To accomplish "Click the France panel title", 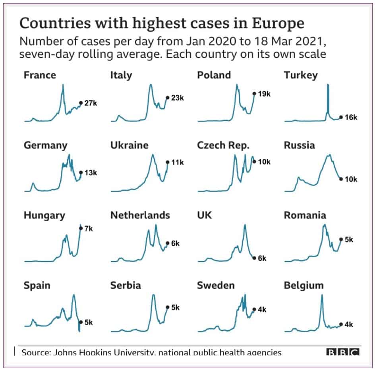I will tap(40, 75).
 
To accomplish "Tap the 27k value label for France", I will tap(91, 103).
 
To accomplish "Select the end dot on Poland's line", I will tap(254, 94).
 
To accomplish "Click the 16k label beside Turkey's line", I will tap(351, 118).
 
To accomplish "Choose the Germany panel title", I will tap(45, 145).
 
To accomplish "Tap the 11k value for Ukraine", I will tap(177, 162).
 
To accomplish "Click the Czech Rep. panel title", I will tap(223, 145).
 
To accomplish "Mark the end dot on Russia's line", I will tap(340, 179).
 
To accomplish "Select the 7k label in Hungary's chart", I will tap(89, 229).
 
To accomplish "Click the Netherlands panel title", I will tap(140, 215).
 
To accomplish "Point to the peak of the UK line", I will tap(245, 226).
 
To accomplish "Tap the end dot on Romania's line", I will tap(340, 239).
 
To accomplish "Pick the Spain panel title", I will tap(37, 285).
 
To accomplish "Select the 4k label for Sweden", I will tap(262, 310).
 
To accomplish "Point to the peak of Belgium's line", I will tap(322, 295).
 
